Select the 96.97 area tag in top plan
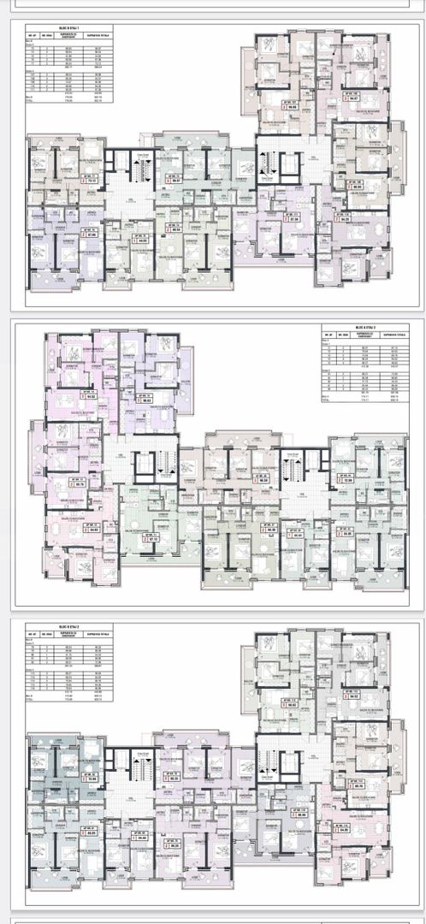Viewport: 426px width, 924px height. (176, 181)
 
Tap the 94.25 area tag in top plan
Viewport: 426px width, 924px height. (343, 217)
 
